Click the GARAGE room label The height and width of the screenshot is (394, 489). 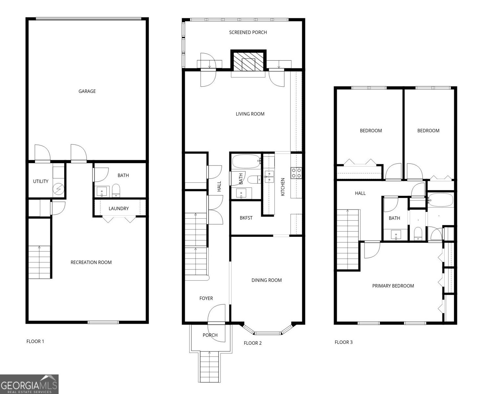(87, 91)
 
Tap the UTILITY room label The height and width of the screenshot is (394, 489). (41, 181)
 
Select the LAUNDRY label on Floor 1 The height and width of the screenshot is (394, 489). (119, 208)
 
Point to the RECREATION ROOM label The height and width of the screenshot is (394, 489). (91, 262)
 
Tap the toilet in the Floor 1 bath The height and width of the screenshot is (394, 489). (116, 190)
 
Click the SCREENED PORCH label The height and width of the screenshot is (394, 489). (248, 32)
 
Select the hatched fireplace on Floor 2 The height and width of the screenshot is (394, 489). (248, 61)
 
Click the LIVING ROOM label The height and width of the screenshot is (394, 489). (250, 114)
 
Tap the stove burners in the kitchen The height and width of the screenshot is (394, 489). (296, 173)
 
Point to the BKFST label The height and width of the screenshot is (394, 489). (246, 218)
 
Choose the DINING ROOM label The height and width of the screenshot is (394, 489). (267, 280)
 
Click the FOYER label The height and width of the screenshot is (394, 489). (206, 298)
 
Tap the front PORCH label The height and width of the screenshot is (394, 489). (210, 335)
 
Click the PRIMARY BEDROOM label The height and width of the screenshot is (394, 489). (393, 286)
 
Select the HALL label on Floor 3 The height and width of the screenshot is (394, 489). (360, 193)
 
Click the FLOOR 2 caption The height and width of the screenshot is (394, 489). (253, 343)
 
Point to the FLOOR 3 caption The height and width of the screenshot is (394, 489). (343, 342)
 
